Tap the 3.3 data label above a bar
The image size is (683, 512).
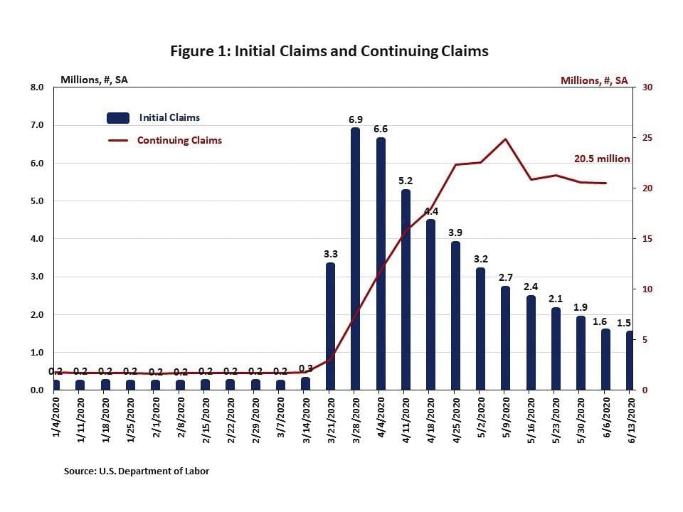(x=330, y=252)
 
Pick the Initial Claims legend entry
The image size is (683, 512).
(x=169, y=117)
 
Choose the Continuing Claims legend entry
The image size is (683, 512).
(x=179, y=140)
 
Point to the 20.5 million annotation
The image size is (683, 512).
(x=602, y=159)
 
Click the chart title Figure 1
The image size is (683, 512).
(x=329, y=51)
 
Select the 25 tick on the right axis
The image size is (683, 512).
(x=649, y=138)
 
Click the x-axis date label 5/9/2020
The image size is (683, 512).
(x=505, y=420)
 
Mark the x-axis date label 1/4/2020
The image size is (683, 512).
(x=56, y=420)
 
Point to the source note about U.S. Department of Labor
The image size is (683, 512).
(x=137, y=471)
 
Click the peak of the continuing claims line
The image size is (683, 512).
(x=505, y=139)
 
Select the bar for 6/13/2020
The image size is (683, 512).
(x=630, y=361)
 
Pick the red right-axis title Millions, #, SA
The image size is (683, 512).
(x=594, y=80)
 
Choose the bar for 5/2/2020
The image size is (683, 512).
(x=480, y=329)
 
